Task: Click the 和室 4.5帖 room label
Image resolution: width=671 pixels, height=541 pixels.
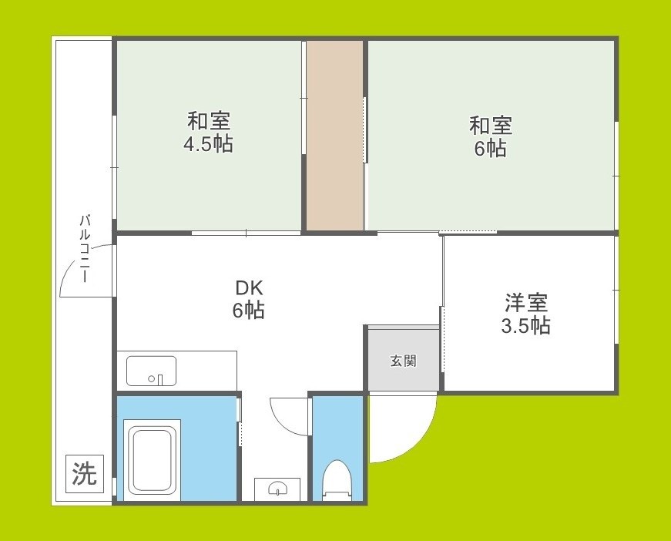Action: click(208, 132)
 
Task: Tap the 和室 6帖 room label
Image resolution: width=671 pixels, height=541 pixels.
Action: click(491, 136)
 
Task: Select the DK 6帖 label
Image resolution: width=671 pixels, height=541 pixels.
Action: click(249, 299)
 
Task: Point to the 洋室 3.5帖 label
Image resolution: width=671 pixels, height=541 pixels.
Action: click(526, 314)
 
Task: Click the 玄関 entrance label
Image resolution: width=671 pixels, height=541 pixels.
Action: click(403, 360)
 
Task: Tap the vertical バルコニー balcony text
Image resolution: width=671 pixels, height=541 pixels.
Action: click(84, 250)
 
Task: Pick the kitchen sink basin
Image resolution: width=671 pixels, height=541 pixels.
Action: click(151, 370)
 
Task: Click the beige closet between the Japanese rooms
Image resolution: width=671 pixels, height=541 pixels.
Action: click(335, 135)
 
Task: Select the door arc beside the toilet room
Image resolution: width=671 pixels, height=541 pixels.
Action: click(289, 416)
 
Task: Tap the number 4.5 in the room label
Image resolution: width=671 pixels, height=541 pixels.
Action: click(197, 143)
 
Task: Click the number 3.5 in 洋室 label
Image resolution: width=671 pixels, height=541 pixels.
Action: click(513, 326)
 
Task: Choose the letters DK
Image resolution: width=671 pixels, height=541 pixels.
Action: click(249, 288)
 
